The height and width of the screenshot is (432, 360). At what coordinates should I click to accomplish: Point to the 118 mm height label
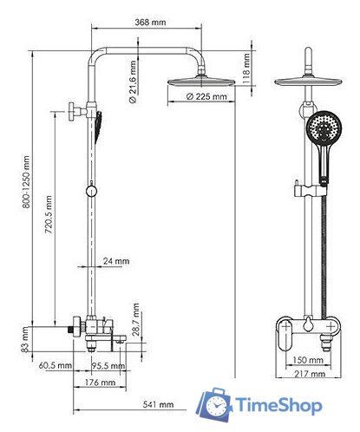(x=246, y=64)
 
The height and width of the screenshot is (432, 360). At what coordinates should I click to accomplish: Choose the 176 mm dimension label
(x=102, y=382)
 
